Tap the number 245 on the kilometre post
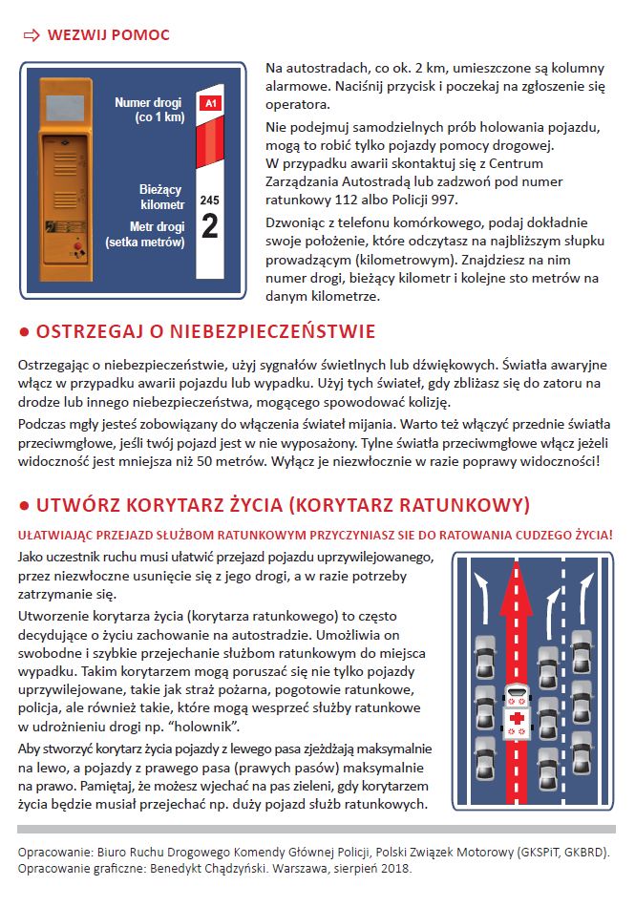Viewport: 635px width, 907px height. (210, 200)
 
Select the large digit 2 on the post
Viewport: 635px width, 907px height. (210, 226)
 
